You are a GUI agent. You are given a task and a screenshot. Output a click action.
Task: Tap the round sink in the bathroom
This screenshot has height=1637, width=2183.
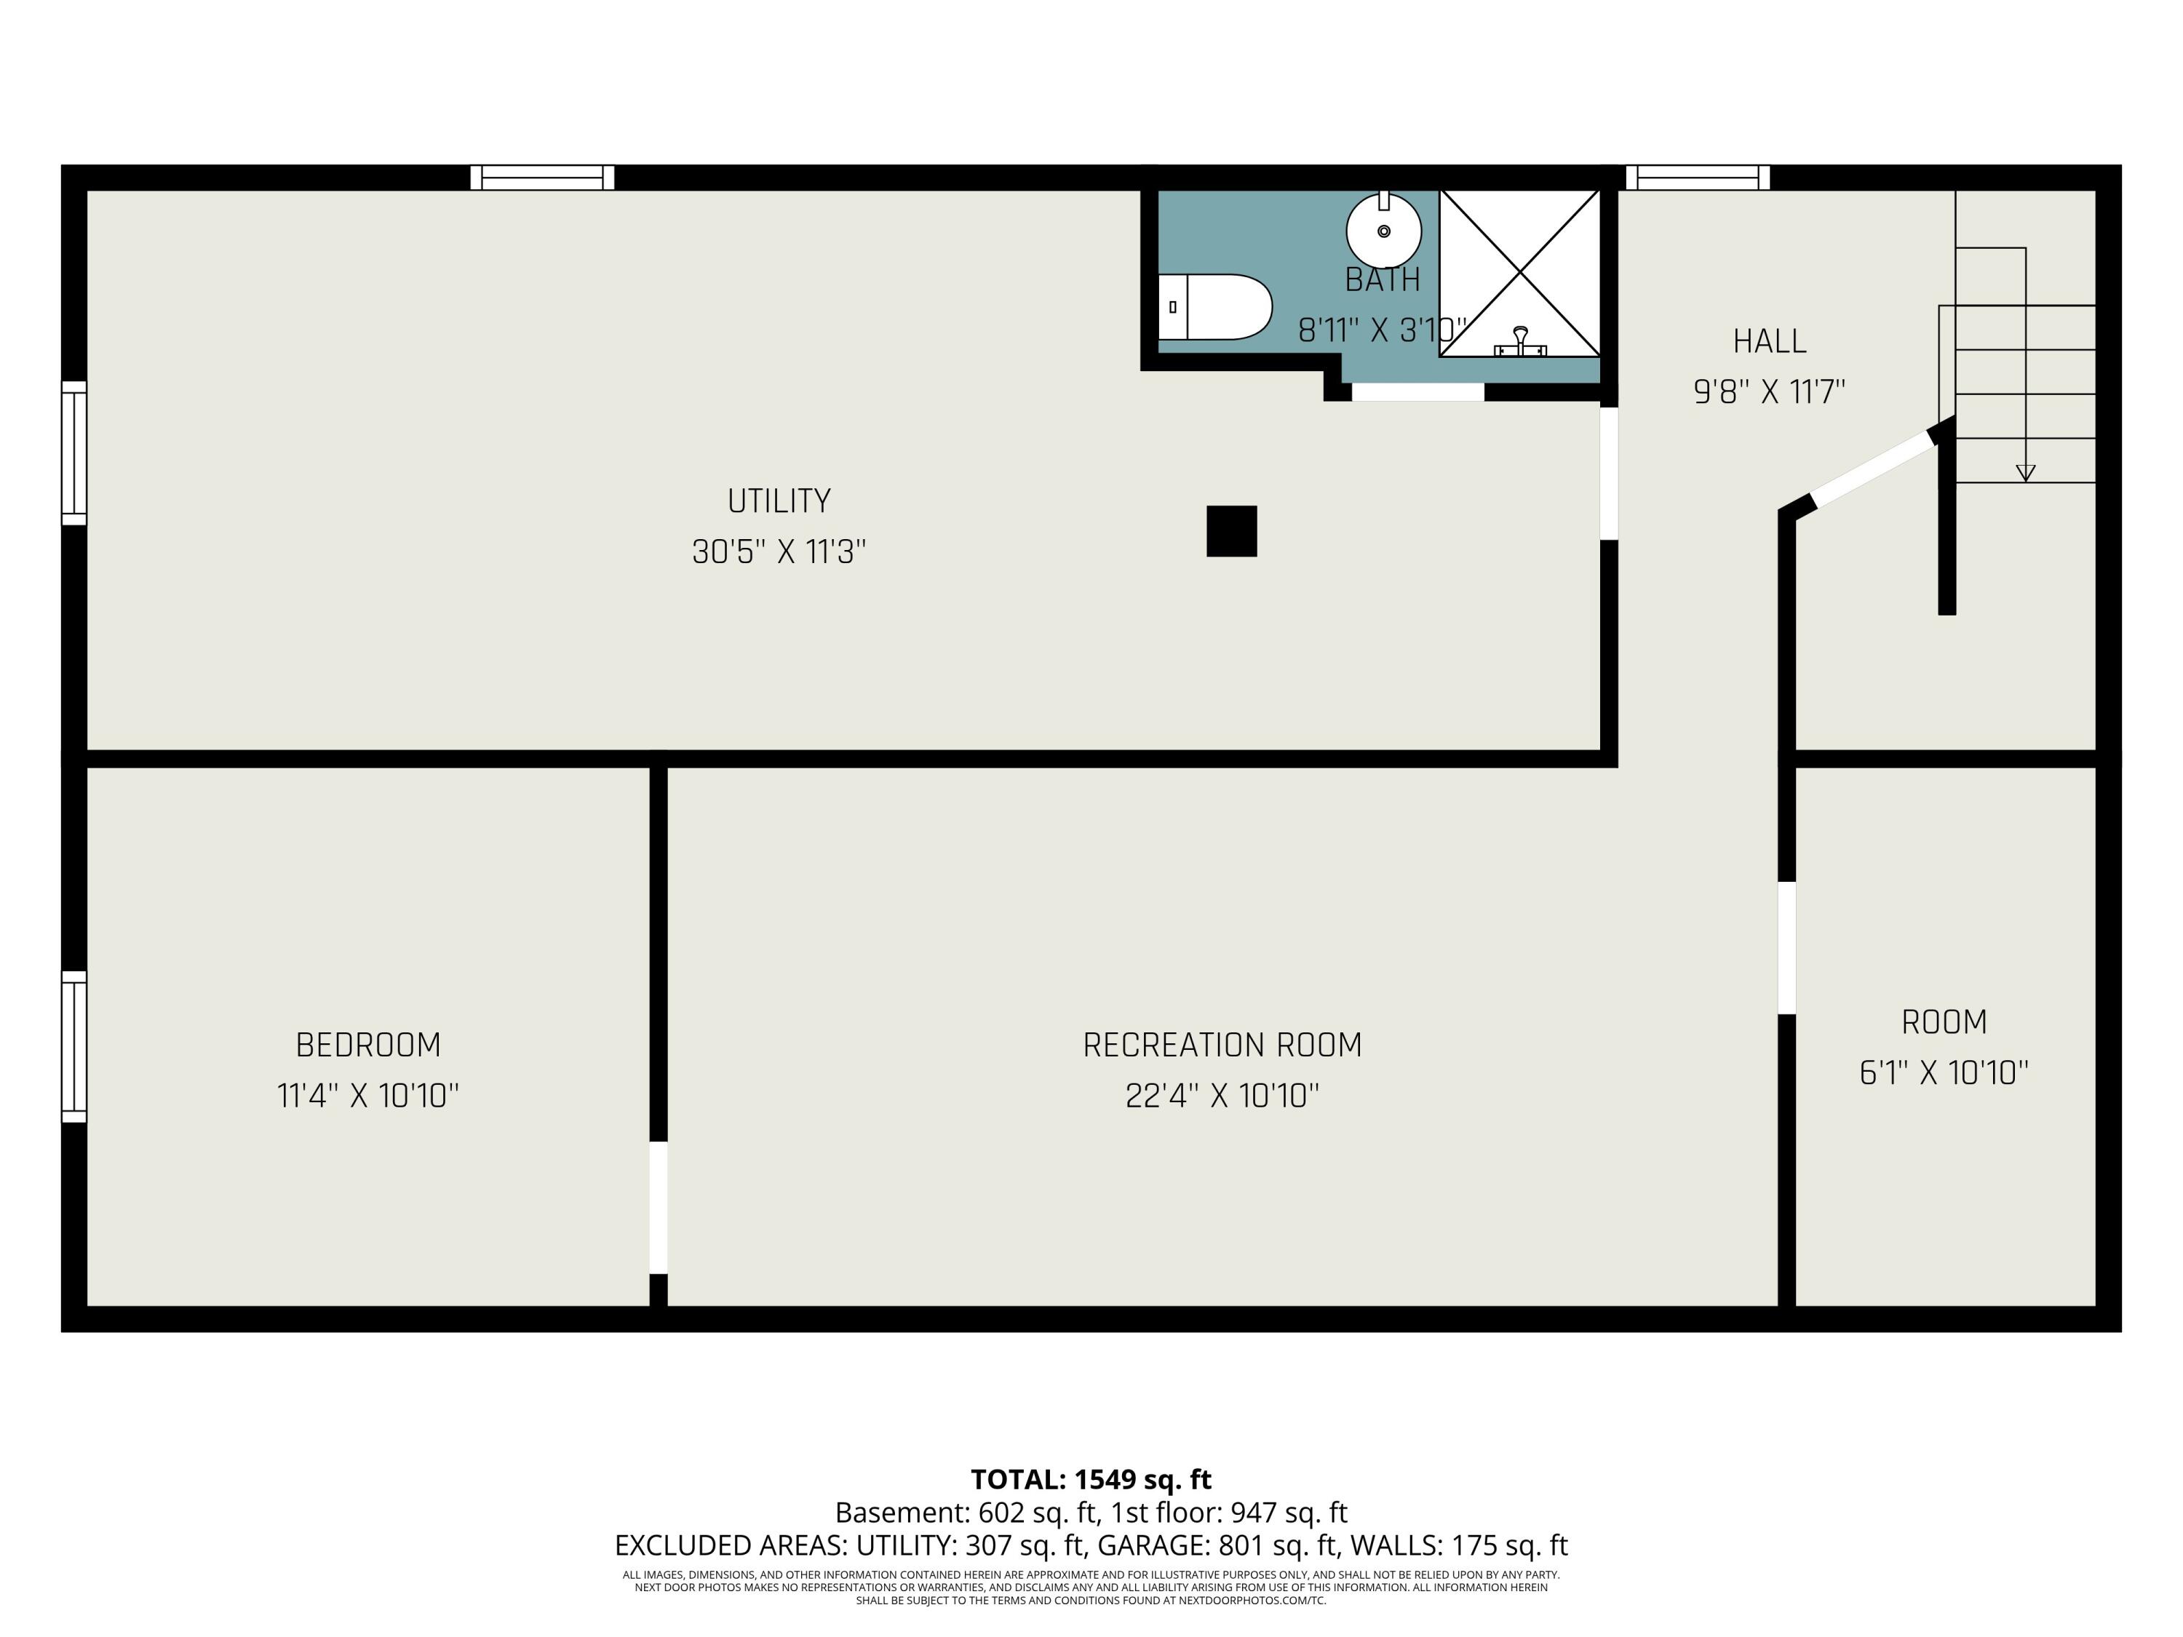click(1383, 231)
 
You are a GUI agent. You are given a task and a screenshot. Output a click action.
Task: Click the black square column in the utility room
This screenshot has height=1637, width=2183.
click(1232, 531)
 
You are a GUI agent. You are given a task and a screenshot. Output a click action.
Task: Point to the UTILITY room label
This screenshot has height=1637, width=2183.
click(779, 501)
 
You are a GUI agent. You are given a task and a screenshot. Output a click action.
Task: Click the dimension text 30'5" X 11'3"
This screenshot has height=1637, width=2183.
click(779, 551)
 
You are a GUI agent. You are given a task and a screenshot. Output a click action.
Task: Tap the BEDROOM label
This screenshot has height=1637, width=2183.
click(368, 1045)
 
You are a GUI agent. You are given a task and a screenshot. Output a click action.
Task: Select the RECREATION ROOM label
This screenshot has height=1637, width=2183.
click(1222, 1045)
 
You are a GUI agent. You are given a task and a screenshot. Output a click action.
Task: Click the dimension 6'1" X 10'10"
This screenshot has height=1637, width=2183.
click(1943, 1072)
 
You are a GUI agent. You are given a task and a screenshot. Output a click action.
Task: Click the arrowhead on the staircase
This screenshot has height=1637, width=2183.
click(2025, 473)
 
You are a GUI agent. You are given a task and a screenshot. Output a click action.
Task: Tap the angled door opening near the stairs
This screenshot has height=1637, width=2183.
click(1873, 470)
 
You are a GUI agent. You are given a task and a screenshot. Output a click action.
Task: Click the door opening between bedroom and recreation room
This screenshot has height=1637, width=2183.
click(659, 1207)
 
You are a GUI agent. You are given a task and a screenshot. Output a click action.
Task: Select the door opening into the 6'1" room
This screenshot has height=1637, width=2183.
click(1786, 947)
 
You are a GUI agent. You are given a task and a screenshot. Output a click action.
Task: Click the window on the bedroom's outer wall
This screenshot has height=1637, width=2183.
click(74, 1046)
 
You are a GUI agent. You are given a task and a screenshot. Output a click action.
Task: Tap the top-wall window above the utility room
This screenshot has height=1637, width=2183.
click(542, 178)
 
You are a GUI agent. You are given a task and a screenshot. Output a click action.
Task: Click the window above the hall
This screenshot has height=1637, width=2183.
click(1698, 178)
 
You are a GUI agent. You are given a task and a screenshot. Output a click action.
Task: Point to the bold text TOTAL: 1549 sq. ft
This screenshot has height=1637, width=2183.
click(1091, 1479)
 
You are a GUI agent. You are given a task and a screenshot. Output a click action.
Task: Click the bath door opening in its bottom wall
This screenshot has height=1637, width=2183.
click(1417, 391)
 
